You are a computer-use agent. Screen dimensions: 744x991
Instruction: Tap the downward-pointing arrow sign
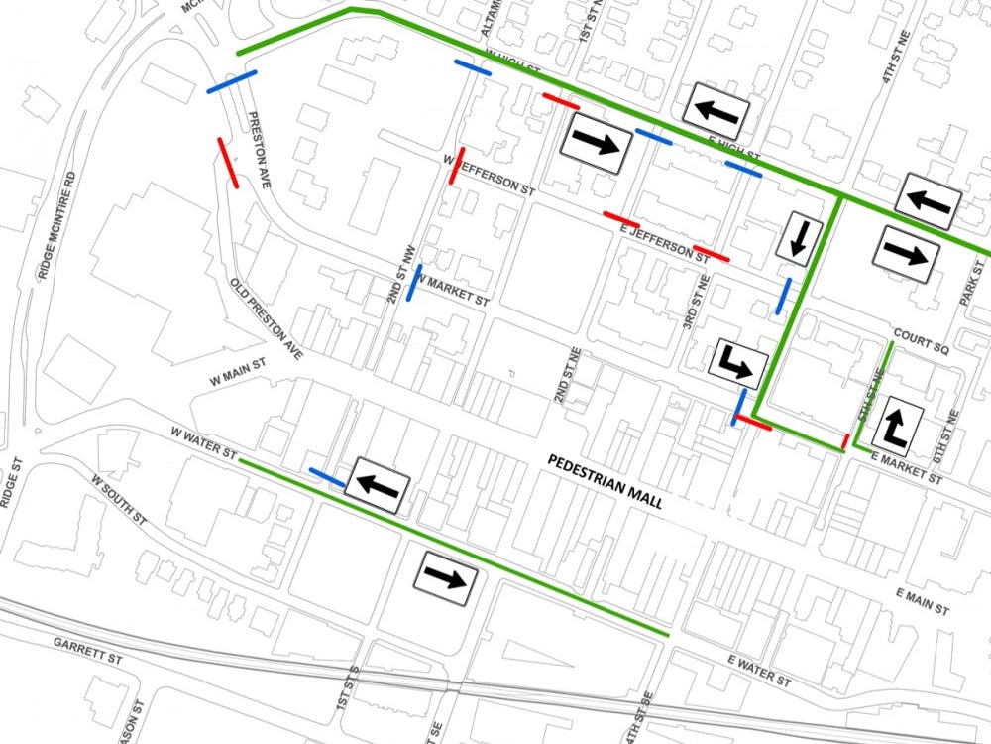pos(799,237)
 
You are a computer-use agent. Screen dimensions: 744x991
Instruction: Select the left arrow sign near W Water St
pos(377,486)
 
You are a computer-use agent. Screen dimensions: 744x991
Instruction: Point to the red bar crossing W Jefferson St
pos(456,165)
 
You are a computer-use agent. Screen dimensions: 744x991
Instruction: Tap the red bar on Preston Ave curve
pos(228,162)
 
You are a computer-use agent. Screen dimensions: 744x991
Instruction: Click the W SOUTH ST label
pos(118,501)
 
